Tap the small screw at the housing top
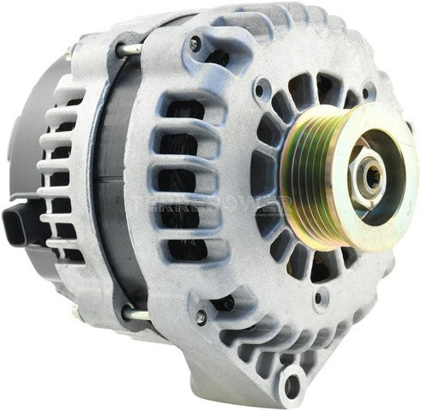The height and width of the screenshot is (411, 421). [x=196, y=42]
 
